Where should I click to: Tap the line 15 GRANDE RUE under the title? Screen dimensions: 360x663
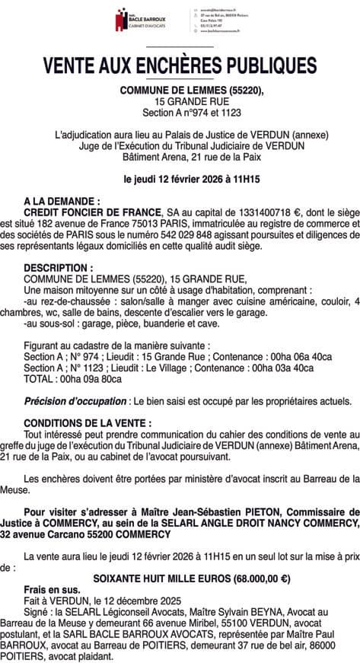pyautogui.click(x=181, y=101)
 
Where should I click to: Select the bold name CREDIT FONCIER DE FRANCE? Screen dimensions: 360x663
pyautogui.click(x=93, y=210)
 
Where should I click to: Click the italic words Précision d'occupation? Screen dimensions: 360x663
pyautogui.click(x=75, y=401)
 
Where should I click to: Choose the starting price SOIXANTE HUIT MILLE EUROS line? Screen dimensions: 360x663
pyautogui.click(x=191, y=578)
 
